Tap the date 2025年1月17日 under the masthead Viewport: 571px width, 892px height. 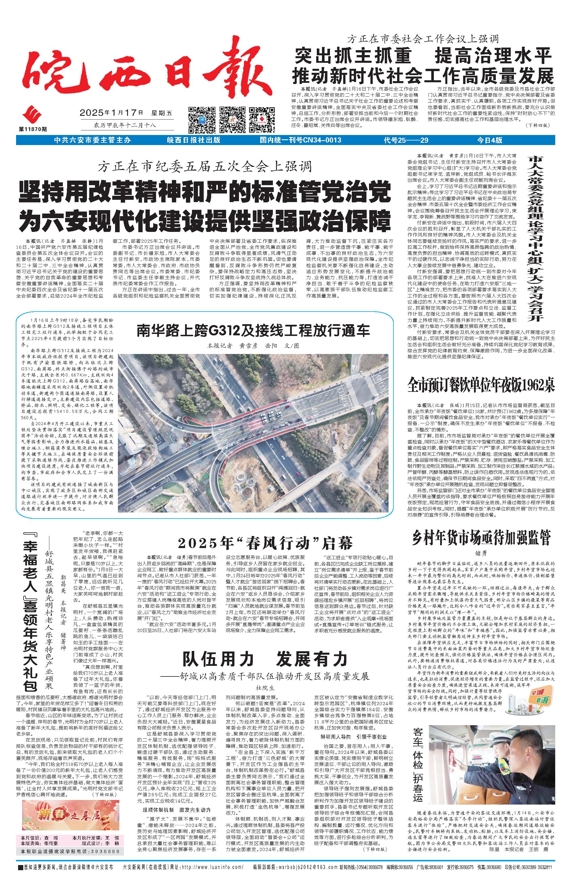point(111,113)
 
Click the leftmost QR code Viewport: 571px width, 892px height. point(202,119)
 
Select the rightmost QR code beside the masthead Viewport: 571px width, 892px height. point(262,119)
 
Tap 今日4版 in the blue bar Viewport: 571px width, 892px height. point(490,140)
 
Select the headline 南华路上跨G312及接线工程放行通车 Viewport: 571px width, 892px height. point(253,330)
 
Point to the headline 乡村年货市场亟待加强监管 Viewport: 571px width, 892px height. point(481,537)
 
